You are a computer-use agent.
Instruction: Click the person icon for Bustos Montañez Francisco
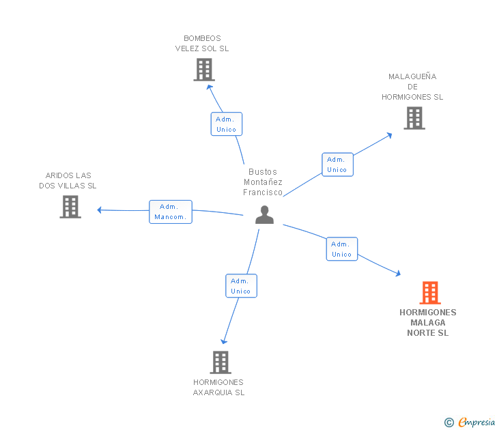264,214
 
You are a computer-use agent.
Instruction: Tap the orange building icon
429,293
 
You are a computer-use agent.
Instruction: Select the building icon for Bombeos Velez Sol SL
203,70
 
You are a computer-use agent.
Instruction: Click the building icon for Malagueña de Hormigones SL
414,118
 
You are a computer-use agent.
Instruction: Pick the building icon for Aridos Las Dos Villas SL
70,207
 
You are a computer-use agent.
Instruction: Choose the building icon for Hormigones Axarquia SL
220,362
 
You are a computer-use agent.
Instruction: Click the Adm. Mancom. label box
170,212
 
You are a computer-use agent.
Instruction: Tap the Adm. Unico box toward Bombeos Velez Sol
226,124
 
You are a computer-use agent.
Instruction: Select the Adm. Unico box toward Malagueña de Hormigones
337,164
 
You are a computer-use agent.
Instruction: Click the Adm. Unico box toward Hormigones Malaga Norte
341,249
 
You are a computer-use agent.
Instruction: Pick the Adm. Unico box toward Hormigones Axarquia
241,286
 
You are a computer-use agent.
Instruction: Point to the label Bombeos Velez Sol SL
202,44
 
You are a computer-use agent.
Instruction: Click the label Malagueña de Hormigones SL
412,87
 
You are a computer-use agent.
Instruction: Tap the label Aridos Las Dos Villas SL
68,180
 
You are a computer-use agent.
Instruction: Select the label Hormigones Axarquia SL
218,387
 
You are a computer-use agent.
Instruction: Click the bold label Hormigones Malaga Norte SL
428,323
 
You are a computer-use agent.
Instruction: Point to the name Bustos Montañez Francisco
263,182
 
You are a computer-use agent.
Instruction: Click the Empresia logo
476,422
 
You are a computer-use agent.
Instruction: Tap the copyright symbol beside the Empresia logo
449,422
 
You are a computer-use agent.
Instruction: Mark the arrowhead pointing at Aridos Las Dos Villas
100,210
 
